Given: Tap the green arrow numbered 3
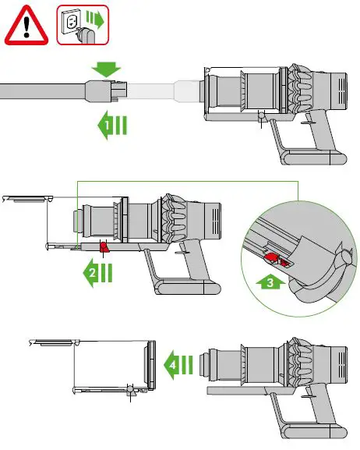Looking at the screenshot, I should (x=266, y=282).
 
